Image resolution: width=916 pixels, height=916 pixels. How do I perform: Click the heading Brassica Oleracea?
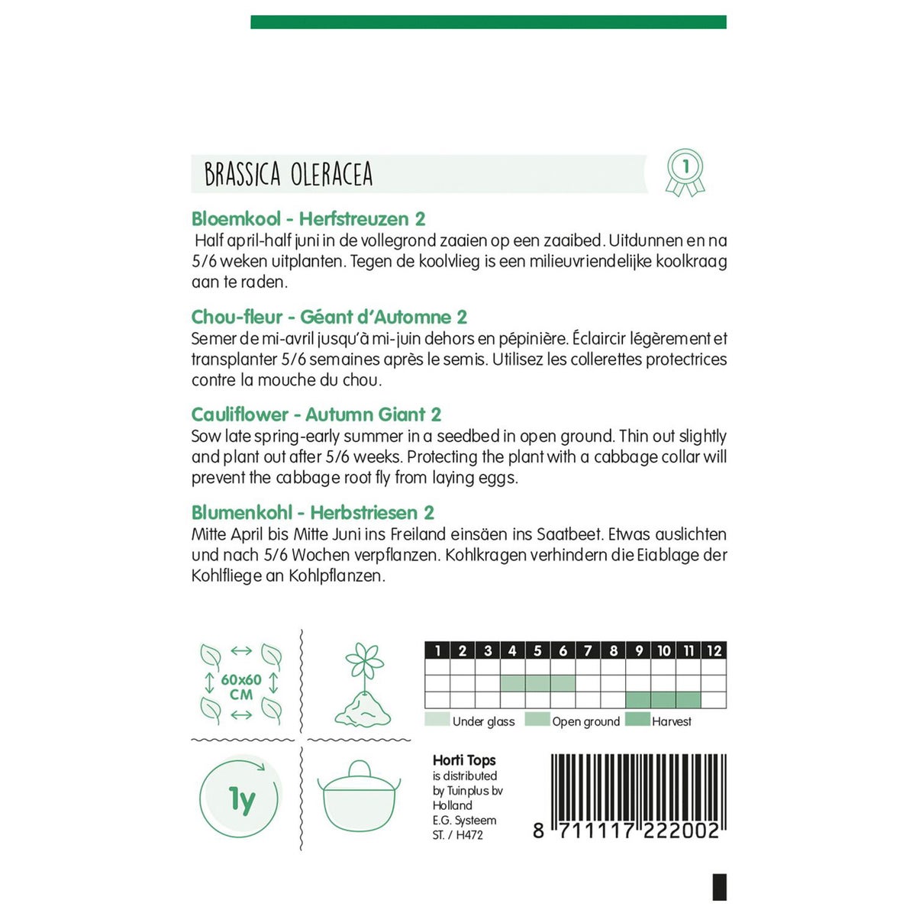(x=289, y=175)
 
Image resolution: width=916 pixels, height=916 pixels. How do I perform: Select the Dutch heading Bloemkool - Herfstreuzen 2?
(x=308, y=219)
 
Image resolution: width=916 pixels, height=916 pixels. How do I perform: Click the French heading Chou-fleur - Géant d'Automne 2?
(x=329, y=317)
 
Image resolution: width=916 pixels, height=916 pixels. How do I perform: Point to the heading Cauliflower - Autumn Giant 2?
(x=316, y=414)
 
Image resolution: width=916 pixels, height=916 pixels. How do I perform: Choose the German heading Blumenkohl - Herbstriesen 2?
(x=313, y=512)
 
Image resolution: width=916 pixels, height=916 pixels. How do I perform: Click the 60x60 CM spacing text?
(x=241, y=687)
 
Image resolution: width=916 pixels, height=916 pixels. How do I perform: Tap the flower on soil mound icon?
(x=363, y=685)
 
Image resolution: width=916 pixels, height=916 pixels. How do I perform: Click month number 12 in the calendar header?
(x=714, y=650)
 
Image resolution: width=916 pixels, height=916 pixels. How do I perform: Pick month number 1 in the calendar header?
(x=437, y=650)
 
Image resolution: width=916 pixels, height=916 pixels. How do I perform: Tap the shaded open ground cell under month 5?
(x=537, y=682)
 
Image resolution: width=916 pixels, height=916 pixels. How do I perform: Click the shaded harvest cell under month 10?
(x=663, y=700)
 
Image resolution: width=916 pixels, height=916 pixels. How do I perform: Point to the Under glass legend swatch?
(x=437, y=720)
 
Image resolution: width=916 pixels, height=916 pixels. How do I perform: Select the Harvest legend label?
(x=671, y=721)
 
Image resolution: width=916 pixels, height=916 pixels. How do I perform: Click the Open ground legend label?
(x=585, y=721)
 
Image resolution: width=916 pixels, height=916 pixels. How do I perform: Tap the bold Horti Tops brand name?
(x=464, y=760)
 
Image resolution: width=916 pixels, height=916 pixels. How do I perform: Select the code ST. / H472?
(x=457, y=835)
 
